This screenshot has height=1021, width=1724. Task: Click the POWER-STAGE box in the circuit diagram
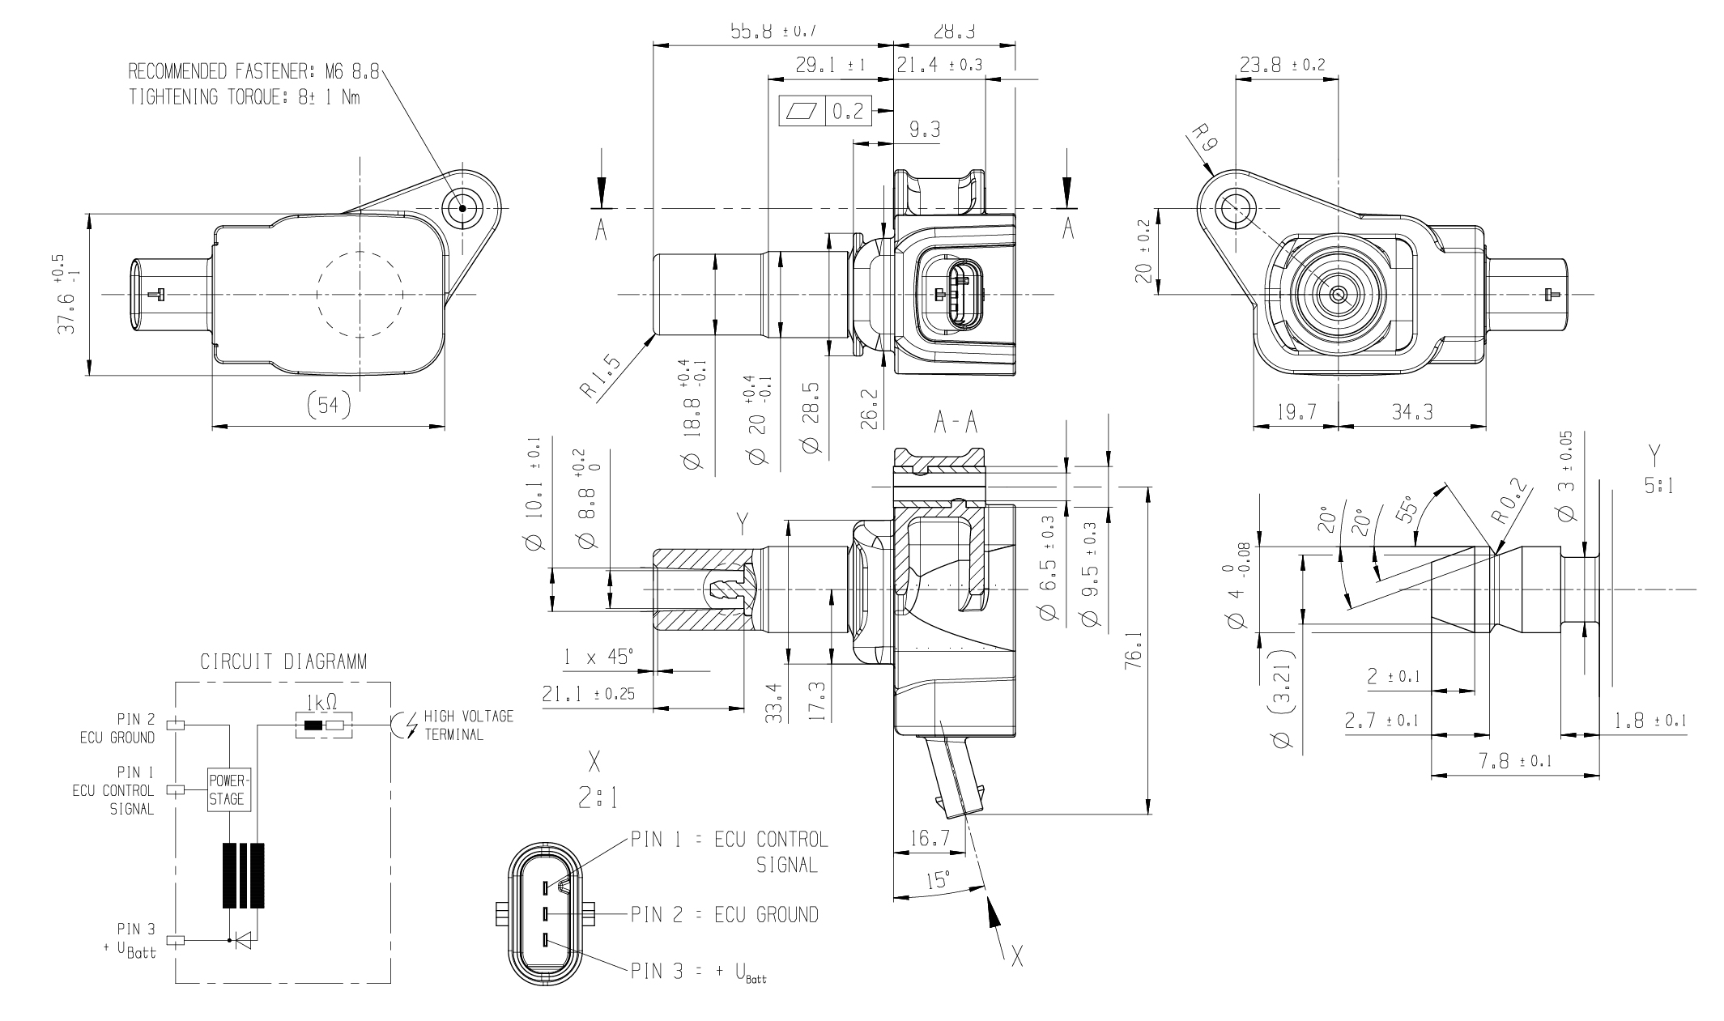pos(230,789)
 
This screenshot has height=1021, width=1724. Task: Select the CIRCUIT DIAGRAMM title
pos(283,662)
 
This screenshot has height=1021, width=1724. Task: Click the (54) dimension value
pos(329,405)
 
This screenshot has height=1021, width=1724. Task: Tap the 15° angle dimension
pos(938,879)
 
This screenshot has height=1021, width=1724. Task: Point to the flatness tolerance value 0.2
pos(847,112)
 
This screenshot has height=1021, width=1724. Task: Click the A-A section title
pos(956,422)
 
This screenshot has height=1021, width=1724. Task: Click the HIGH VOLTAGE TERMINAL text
pos(468,725)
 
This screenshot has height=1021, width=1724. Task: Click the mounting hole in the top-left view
pos(462,208)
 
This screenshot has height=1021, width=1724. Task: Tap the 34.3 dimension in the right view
pos(1412,411)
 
